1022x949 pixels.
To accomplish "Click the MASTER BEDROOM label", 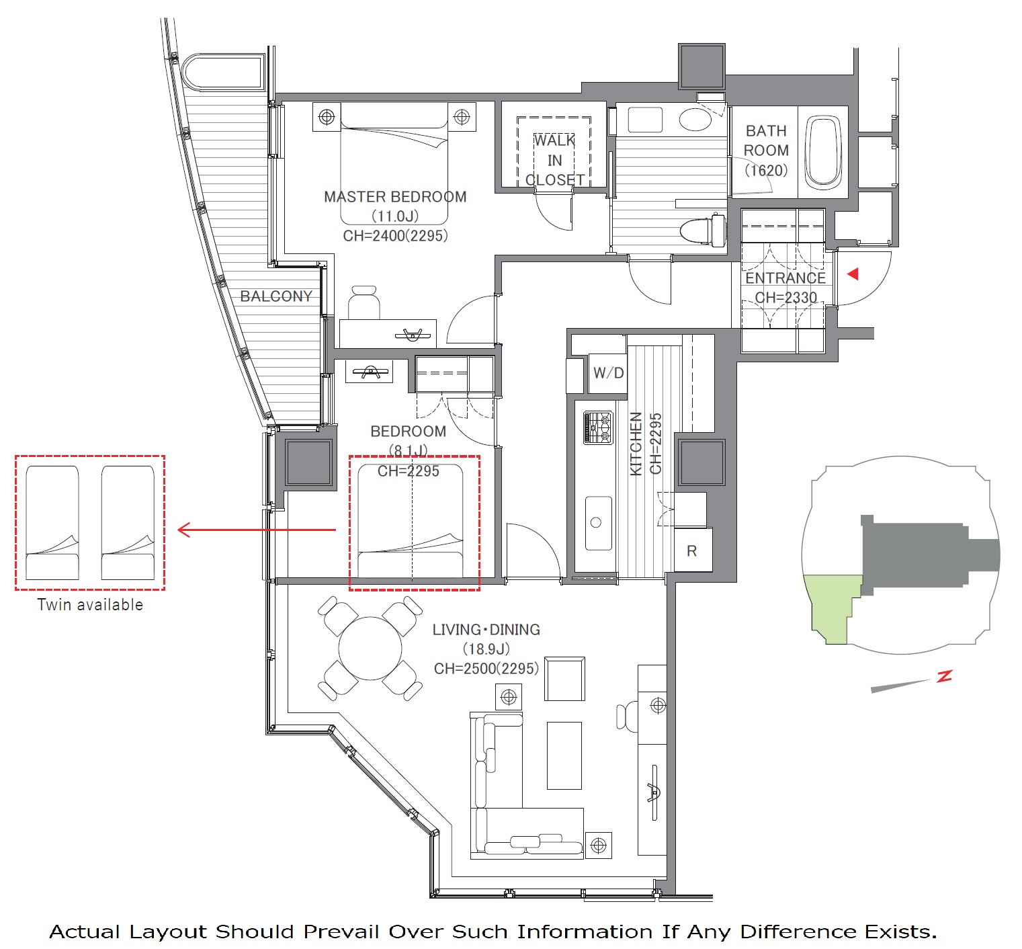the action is click(x=395, y=197).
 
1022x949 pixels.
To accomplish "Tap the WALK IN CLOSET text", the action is click(x=554, y=160).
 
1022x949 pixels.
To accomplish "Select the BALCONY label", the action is click(x=276, y=296).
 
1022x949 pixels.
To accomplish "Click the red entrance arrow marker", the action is click(x=853, y=274).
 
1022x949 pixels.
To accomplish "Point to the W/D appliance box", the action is click(x=608, y=373).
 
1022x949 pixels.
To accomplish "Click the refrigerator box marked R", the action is click(x=693, y=550).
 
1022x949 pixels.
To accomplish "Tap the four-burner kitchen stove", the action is click(x=598, y=427).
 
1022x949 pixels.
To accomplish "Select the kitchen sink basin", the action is click(x=598, y=523).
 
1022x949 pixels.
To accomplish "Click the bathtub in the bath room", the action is click(x=823, y=152).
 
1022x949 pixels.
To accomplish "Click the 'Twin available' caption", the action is click(x=90, y=605).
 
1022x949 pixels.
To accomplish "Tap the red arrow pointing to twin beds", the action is click(x=257, y=530).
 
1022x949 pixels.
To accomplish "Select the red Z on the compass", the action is click(x=945, y=676).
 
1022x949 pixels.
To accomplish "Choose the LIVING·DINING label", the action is click(x=486, y=630).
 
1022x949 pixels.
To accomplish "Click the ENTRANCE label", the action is click(x=785, y=278).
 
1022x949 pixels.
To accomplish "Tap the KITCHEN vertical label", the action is click(x=636, y=444).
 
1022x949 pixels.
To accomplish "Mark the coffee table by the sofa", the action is click(x=564, y=755).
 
